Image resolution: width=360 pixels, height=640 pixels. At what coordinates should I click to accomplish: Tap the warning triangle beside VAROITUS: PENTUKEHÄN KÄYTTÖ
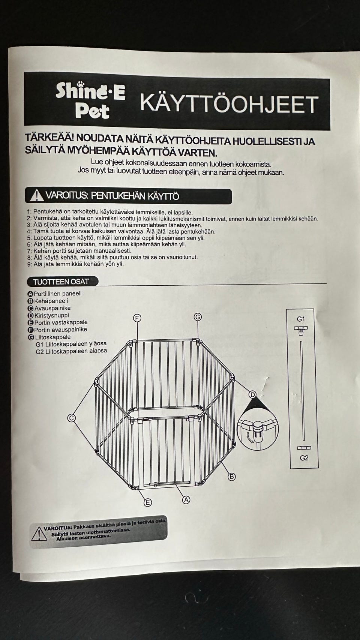click(x=36, y=196)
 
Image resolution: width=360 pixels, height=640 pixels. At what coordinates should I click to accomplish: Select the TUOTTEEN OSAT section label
click(x=61, y=282)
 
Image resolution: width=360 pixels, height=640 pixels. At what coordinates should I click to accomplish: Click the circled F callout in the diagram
click(x=137, y=318)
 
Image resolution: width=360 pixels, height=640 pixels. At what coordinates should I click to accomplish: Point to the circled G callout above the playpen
click(x=198, y=317)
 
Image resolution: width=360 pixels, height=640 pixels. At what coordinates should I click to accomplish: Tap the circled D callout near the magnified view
click(x=252, y=394)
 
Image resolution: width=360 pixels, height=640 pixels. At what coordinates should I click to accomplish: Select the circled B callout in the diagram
click(x=232, y=477)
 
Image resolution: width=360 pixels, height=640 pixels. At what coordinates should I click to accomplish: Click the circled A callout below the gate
click(x=186, y=499)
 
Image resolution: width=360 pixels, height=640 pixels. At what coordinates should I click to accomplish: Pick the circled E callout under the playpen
click(x=148, y=502)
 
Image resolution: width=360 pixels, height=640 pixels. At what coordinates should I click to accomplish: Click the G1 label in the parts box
click(x=301, y=319)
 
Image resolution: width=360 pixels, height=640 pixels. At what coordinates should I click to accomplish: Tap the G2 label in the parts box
click(x=304, y=458)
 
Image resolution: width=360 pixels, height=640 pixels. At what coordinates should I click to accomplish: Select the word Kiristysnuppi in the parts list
click(x=52, y=315)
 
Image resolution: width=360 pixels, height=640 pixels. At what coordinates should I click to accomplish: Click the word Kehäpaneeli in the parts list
click(x=51, y=301)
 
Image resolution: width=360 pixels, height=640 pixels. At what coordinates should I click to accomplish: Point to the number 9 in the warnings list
click(x=29, y=264)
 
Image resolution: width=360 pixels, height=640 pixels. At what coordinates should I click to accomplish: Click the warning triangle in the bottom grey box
click(x=39, y=534)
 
